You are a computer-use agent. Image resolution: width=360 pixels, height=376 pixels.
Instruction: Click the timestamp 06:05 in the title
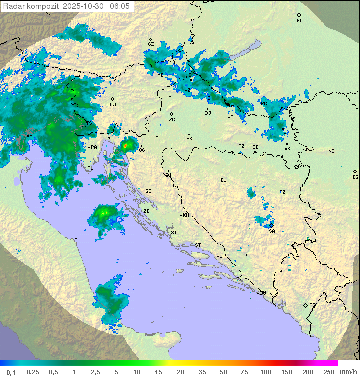pos(120,6)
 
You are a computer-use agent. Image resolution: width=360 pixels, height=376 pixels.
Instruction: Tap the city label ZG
pos(172,120)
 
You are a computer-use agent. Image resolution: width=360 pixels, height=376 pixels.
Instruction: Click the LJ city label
pos(113,105)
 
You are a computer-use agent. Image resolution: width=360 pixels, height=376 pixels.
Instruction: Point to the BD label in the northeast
pos(299,21)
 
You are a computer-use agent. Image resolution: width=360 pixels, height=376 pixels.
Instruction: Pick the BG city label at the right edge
pos(355,177)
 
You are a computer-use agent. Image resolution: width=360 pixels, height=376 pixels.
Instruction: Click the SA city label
pos(272,231)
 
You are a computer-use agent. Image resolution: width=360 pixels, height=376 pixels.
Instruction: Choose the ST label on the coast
pos(198,245)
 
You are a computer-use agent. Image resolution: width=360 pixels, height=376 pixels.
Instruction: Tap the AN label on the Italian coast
pos(77,240)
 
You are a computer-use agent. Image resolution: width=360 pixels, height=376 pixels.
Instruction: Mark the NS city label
pos(331,151)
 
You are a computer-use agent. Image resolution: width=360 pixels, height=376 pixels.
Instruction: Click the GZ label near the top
pos(151,44)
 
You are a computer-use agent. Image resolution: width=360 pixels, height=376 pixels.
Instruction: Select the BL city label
pos(223,180)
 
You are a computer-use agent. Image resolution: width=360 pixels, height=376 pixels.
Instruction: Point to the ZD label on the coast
pos(146,211)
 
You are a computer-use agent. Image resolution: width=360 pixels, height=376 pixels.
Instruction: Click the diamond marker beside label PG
pos(305,305)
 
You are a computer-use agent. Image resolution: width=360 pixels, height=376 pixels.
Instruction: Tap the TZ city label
pos(283,192)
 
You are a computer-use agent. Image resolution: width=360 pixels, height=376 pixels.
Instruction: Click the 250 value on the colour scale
pos(329,372)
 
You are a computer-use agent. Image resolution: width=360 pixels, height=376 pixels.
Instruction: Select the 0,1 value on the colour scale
pos(11,372)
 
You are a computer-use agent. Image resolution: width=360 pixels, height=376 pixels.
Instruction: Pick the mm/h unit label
pos(349,372)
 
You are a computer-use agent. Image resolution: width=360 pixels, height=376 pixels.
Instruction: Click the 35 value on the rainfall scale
pos(201,372)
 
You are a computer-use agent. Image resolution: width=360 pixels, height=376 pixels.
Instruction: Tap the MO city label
pos(251,255)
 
